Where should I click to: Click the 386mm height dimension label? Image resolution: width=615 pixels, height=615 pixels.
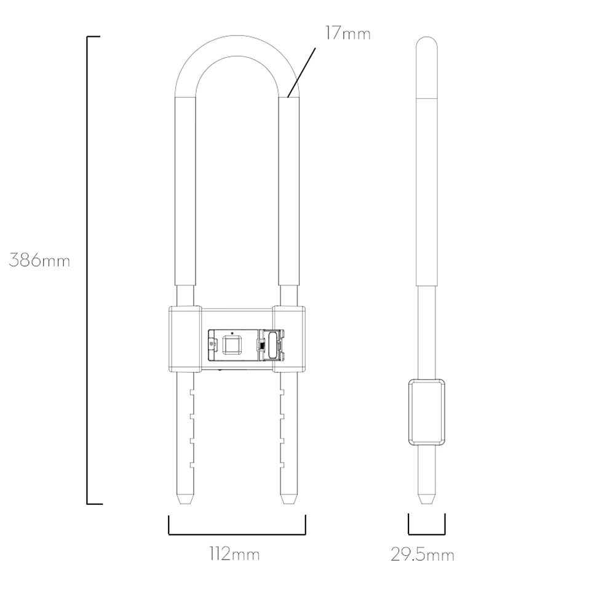[x=39, y=260]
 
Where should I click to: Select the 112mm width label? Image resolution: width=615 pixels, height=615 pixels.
[x=234, y=554]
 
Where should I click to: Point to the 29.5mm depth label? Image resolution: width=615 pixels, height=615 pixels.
[x=423, y=555]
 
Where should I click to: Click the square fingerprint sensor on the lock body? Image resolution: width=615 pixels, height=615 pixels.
[x=232, y=345]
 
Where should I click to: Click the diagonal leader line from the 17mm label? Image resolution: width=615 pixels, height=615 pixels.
[x=301, y=73]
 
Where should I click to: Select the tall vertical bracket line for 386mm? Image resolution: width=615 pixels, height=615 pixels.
[x=87, y=270]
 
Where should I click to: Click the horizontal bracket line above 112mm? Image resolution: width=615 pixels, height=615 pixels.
[x=237, y=534]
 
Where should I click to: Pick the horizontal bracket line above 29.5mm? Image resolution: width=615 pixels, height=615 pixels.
[x=427, y=534]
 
